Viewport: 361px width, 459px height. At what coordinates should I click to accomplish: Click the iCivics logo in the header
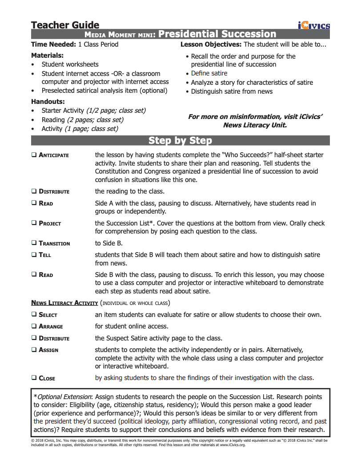tap(314, 25)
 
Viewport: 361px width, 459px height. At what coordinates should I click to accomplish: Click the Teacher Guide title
tap(65, 25)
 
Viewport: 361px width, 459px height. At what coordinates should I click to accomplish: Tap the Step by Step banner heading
tap(180, 141)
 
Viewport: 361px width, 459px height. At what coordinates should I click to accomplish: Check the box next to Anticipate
tap(34, 155)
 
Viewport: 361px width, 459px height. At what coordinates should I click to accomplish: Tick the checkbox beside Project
tap(34, 223)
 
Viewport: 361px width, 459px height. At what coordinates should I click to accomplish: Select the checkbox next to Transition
tap(34, 243)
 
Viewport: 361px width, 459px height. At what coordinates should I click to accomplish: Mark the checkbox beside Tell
tap(34, 255)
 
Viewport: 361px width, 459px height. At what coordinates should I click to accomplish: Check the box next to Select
tap(34, 315)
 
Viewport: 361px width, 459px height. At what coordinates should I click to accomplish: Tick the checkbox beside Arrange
tap(34, 326)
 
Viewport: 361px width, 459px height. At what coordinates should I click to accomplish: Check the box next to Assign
tap(34, 350)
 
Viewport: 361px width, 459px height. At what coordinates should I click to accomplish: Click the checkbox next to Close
tap(34, 378)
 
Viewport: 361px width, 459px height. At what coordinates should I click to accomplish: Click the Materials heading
tap(47, 55)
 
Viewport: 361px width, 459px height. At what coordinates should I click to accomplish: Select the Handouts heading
tap(48, 101)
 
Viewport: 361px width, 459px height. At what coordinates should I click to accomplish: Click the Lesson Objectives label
tap(211, 44)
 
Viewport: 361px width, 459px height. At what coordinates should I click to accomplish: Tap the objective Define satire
tap(209, 73)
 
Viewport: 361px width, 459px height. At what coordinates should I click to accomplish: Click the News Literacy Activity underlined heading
tap(64, 303)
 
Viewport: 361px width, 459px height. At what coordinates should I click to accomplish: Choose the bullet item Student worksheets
tap(70, 64)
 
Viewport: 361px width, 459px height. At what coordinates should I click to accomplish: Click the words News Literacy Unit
tap(255, 125)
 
